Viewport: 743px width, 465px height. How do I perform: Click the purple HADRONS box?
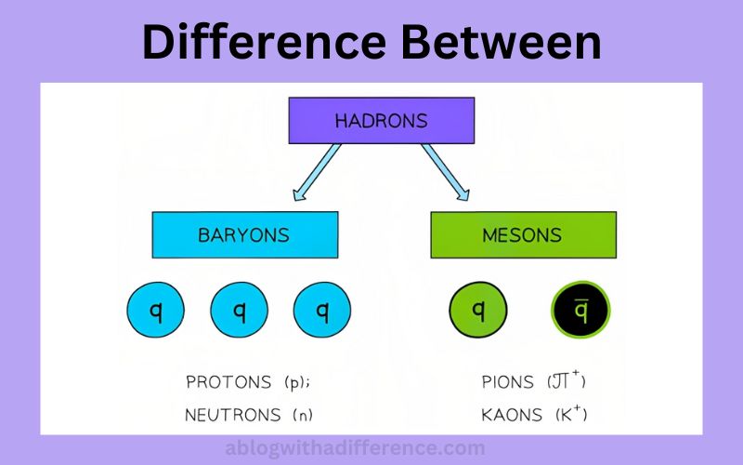(x=382, y=121)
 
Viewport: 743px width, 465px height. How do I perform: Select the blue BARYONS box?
(x=245, y=235)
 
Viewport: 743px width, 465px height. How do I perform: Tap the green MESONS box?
(x=524, y=235)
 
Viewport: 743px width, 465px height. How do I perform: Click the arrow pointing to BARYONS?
(x=317, y=172)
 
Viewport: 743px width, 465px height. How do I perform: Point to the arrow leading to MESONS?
(x=446, y=172)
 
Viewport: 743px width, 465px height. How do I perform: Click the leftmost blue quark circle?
(x=155, y=311)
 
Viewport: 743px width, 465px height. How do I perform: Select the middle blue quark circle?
(x=240, y=311)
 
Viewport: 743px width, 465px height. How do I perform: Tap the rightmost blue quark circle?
(x=322, y=311)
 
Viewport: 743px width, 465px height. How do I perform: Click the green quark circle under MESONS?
(x=478, y=311)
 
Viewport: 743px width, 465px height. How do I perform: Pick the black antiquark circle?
(x=580, y=311)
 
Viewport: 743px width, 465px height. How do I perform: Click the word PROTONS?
(x=228, y=382)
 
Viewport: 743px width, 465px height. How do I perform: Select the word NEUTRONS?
(x=233, y=415)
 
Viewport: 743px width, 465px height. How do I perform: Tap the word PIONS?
(x=507, y=382)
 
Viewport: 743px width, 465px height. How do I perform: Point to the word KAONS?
(x=512, y=415)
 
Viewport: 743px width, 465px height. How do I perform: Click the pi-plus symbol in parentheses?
(x=567, y=380)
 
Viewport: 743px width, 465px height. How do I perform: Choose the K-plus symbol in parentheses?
(x=571, y=414)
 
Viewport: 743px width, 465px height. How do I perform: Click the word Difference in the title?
(x=264, y=42)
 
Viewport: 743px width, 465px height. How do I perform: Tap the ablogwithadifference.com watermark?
(x=356, y=448)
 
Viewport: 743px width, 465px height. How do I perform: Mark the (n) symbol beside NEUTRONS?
(x=303, y=415)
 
